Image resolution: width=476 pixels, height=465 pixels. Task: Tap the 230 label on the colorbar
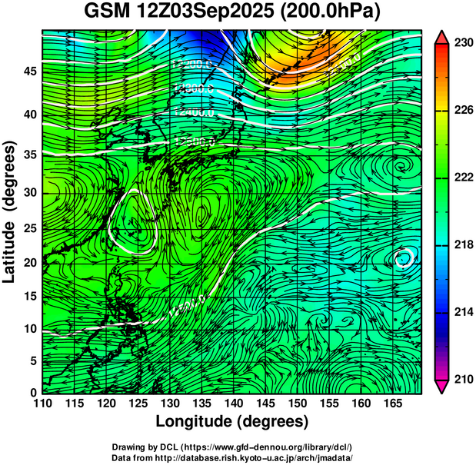point(462,44)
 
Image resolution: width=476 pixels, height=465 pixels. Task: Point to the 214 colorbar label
point(462,312)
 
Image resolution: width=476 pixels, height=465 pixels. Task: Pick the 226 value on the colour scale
point(462,111)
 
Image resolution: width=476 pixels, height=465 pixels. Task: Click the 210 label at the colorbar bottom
point(462,379)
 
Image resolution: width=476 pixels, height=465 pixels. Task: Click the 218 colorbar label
point(462,245)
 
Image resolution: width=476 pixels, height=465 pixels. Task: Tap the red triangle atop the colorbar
point(442,38)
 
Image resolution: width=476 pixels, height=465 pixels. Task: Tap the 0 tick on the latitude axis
point(32,392)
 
